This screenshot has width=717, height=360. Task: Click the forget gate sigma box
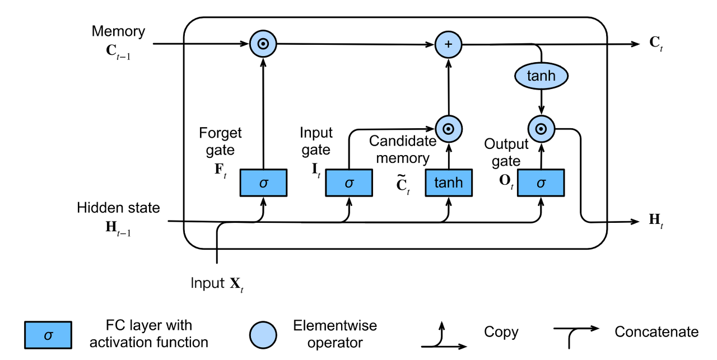[x=263, y=183]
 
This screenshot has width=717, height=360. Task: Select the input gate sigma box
[x=349, y=183]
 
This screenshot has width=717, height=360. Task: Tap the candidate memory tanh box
[x=449, y=183]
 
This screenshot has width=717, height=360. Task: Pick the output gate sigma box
[x=541, y=183]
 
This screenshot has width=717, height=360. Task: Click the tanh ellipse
[x=541, y=76]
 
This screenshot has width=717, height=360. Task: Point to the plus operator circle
[x=449, y=44]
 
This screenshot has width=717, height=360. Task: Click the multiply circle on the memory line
[x=263, y=44]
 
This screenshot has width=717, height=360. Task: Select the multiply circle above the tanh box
[x=449, y=129]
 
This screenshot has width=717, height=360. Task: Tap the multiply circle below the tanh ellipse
[x=541, y=129]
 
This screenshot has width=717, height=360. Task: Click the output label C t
[x=656, y=43]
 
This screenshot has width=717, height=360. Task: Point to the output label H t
[x=656, y=221]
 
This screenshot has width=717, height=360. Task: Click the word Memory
[x=118, y=31]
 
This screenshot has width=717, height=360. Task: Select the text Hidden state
[x=118, y=208]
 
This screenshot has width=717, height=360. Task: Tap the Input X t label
[x=217, y=284]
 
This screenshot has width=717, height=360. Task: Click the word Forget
[x=220, y=133]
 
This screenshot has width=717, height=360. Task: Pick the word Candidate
[x=403, y=141]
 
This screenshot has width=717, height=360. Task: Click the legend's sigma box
[x=48, y=335]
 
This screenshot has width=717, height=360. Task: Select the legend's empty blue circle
[x=263, y=335]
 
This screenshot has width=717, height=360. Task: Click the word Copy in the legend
[x=501, y=333]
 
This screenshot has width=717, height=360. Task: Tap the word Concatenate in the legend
[x=657, y=332]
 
